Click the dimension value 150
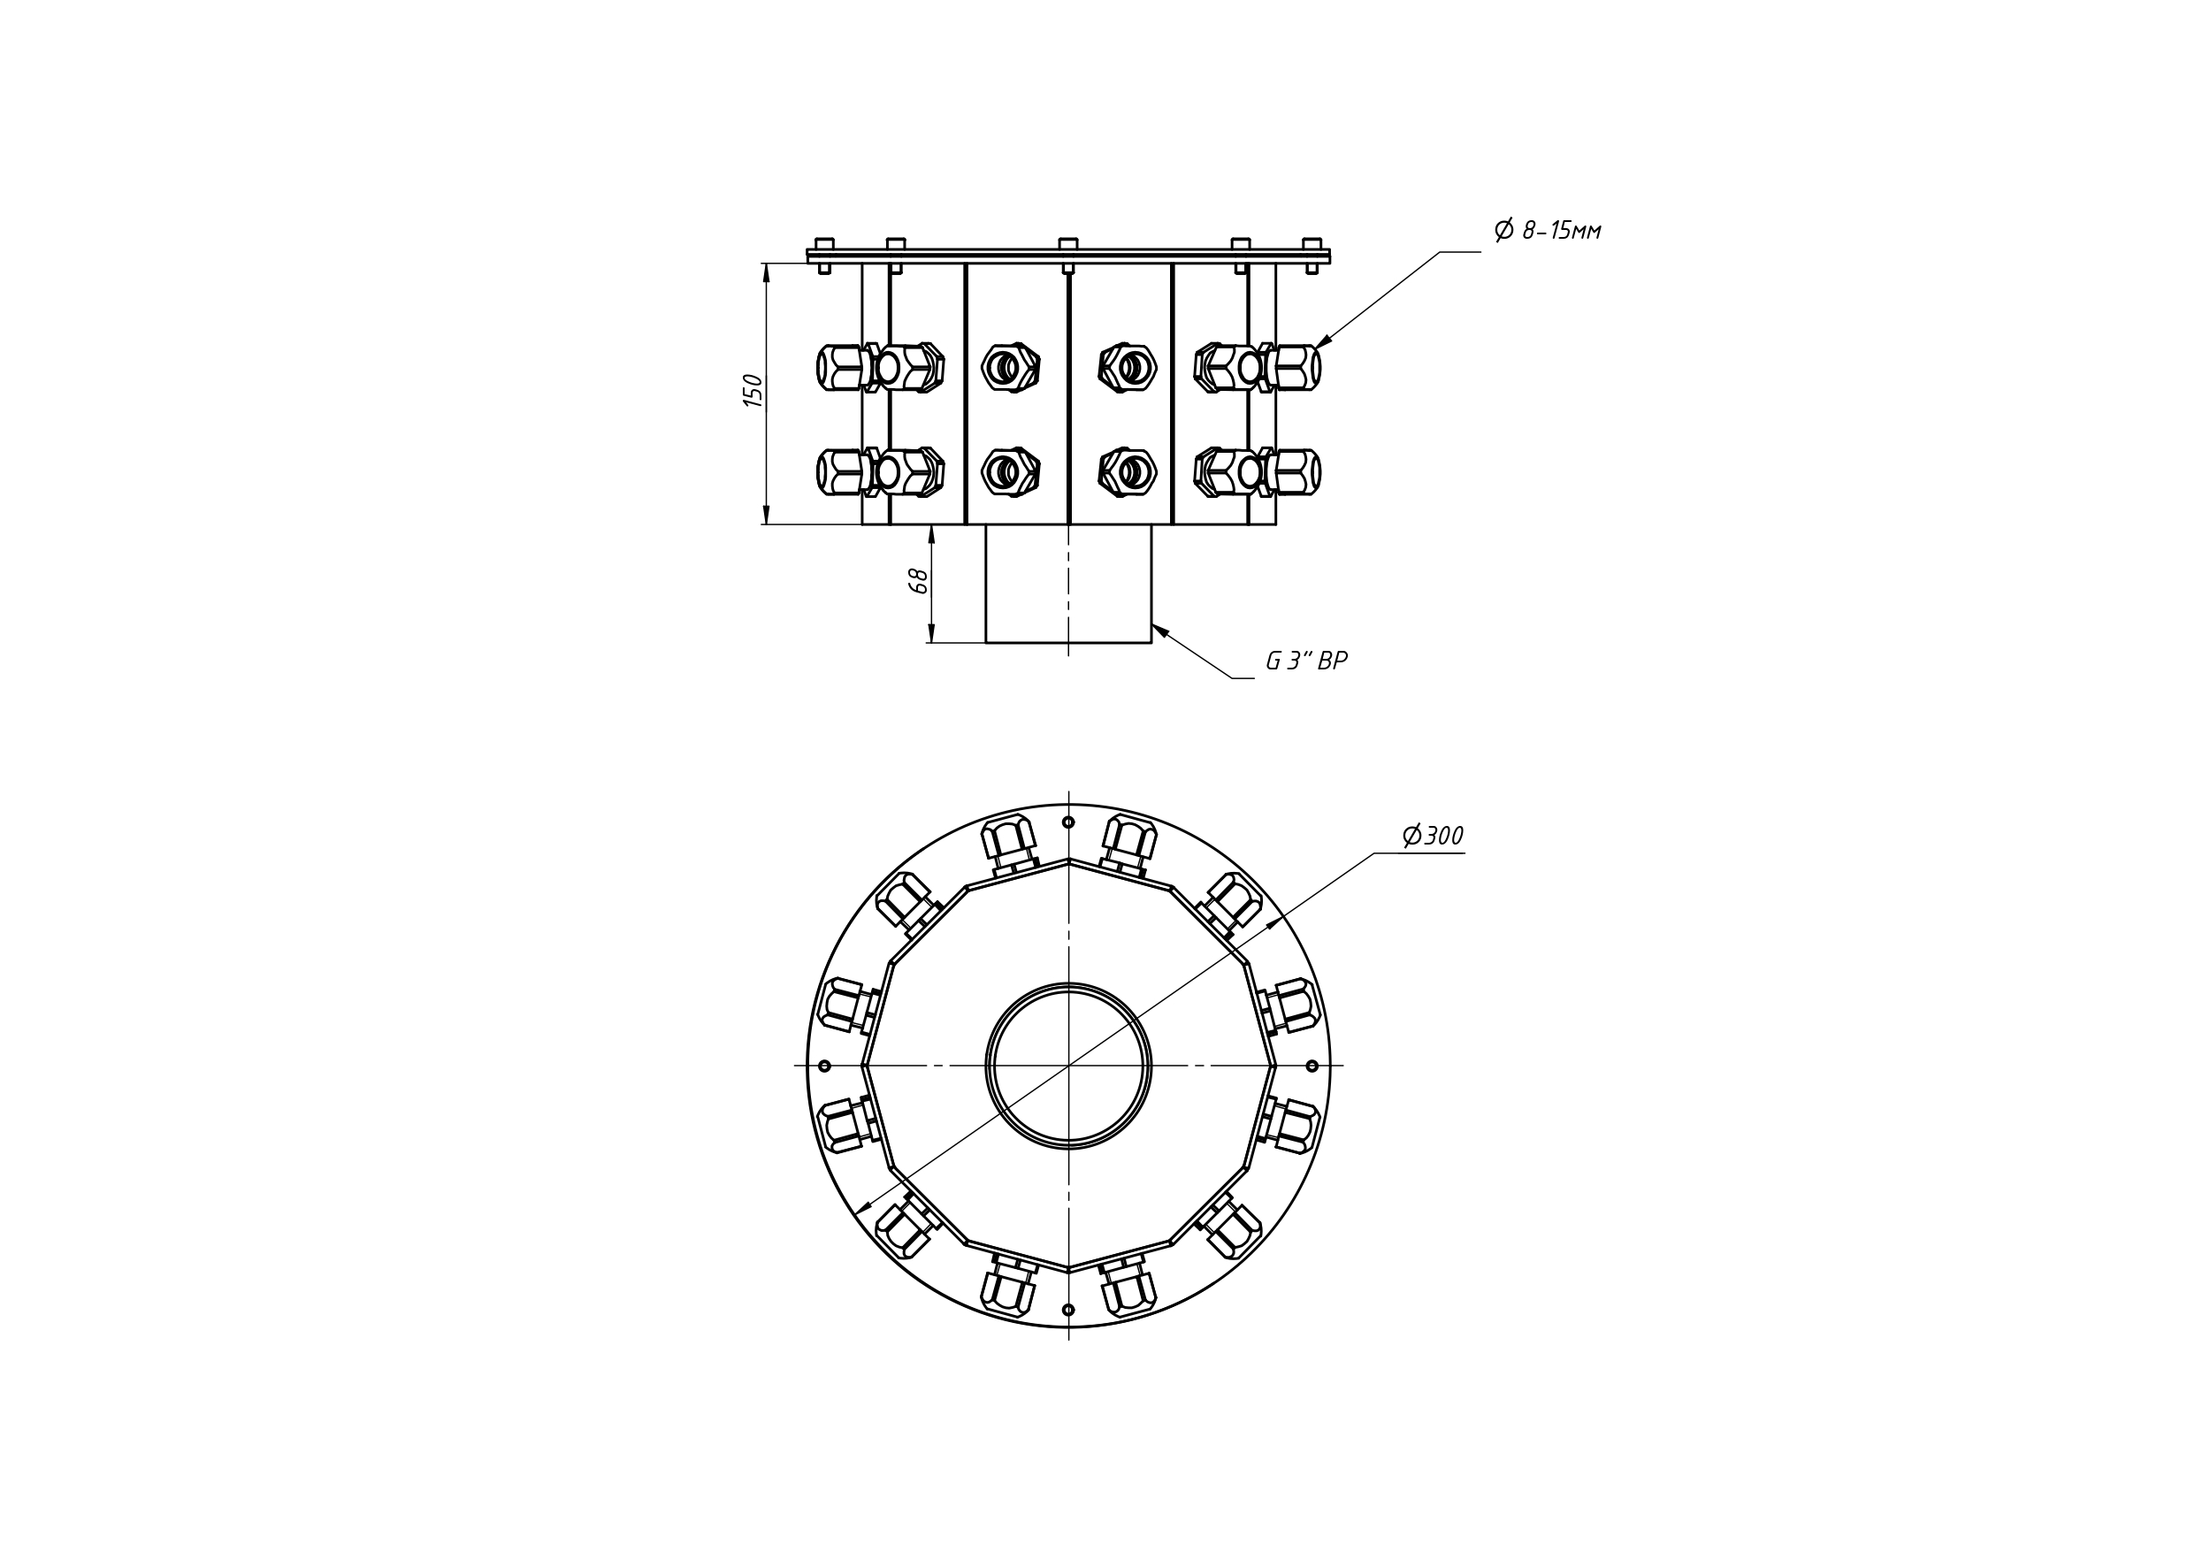coord(754,391)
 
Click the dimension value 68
coord(919,580)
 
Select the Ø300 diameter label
coord(1433,836)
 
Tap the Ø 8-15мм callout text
coord(1548,230)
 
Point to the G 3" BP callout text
coord(1307,661)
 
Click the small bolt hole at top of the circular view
coord(1069,822)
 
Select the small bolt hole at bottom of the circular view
coord(1069,1309)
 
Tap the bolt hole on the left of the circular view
coord(825,1066)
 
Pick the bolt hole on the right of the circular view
coord(1312,1066)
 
